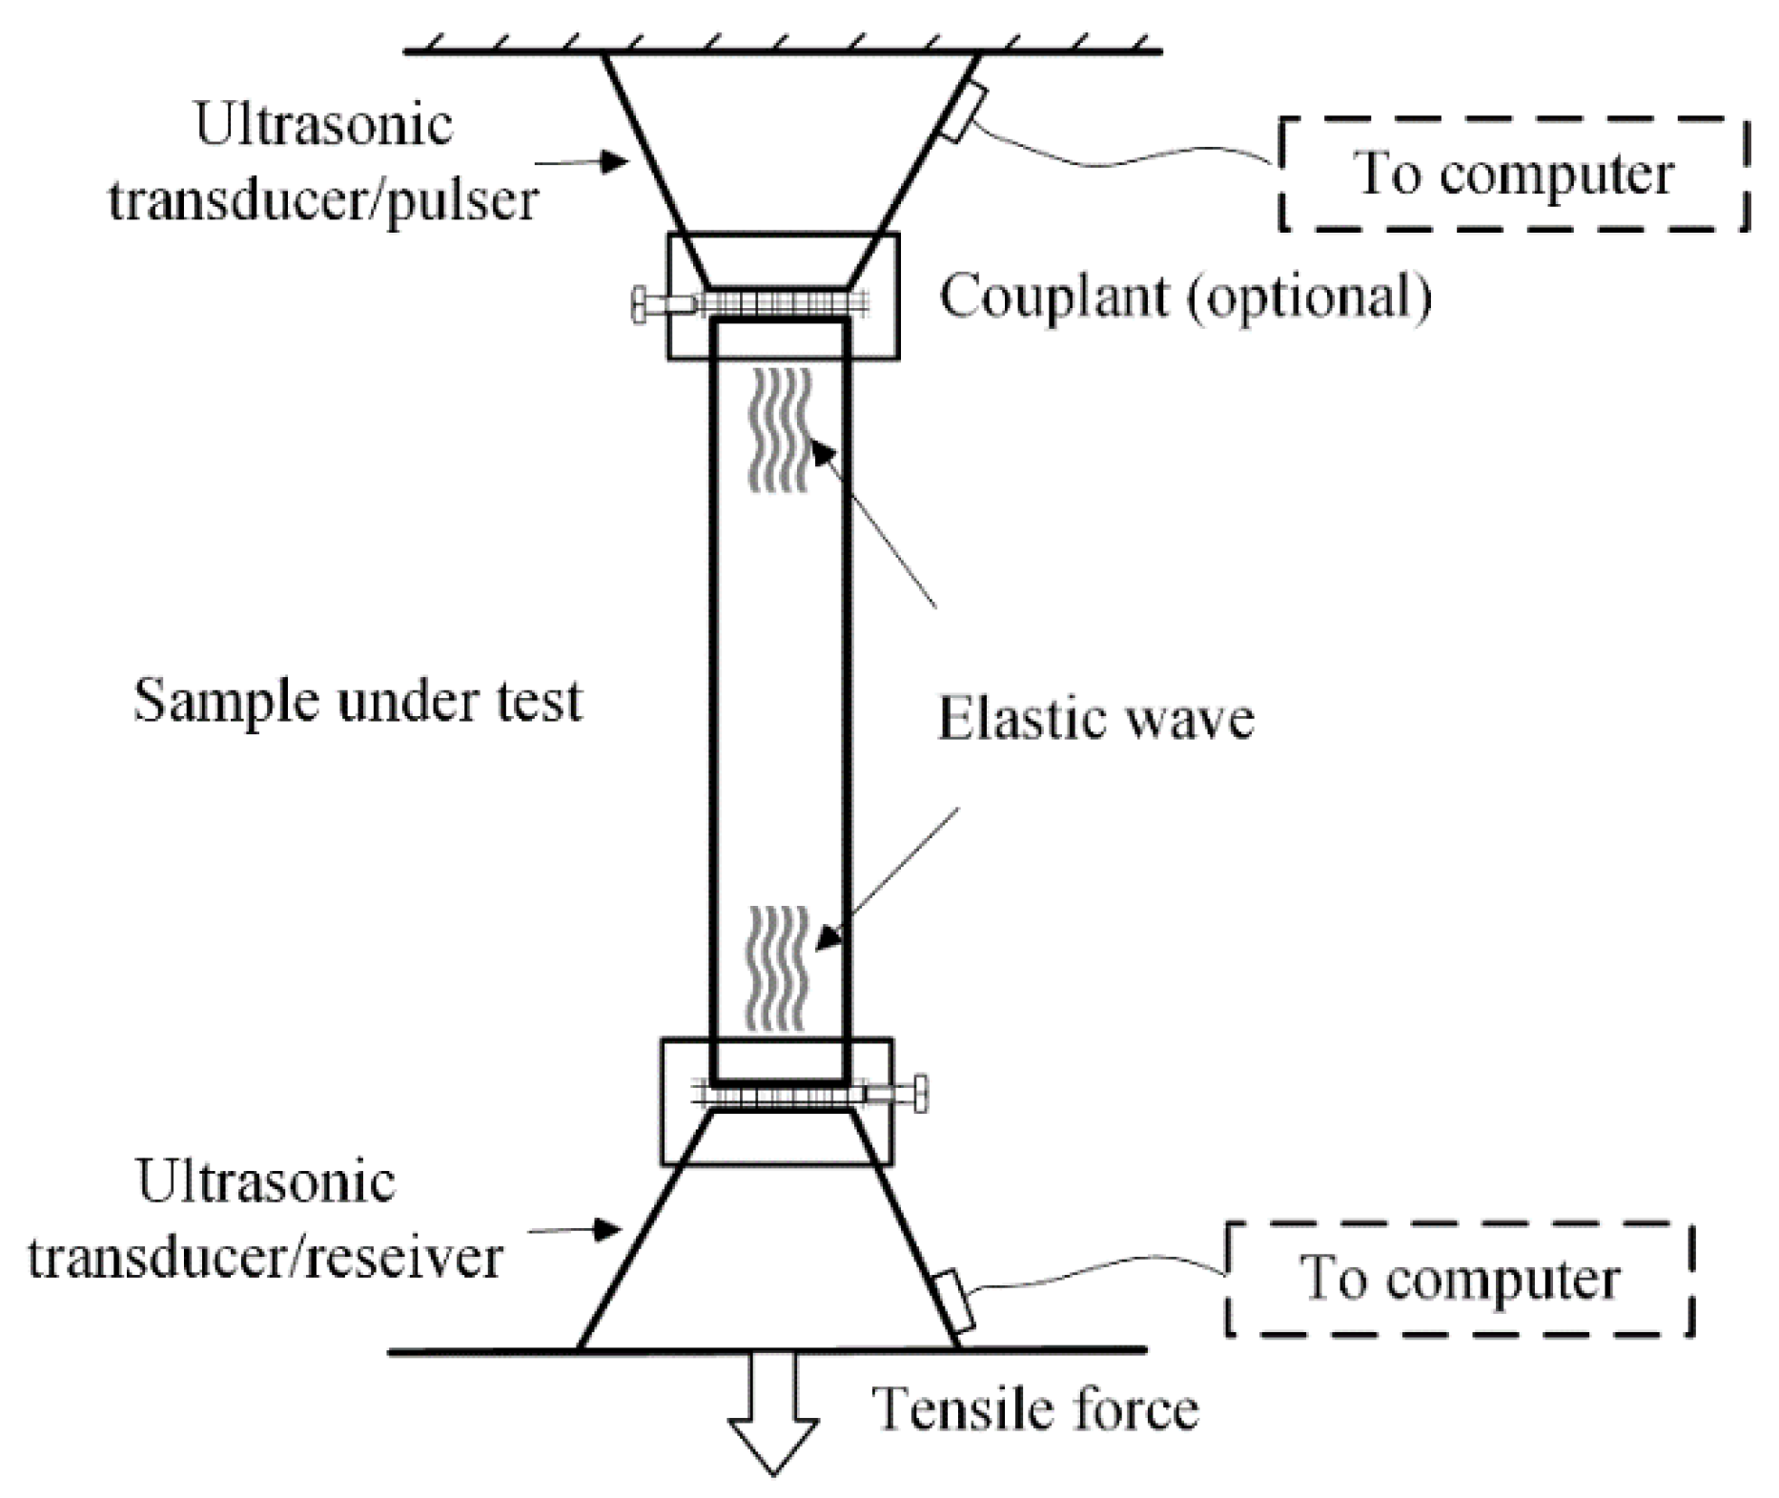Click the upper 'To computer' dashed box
coord(1513,174)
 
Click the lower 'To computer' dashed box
coord(1459,1279)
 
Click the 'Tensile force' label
coord(1035,1410)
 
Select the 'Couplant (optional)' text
coord(1185,297)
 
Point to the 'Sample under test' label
coord(358,701)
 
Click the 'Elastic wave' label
coord(1095,718)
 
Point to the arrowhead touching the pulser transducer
coord(616,163)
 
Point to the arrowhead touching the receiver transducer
coord(610,1231)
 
